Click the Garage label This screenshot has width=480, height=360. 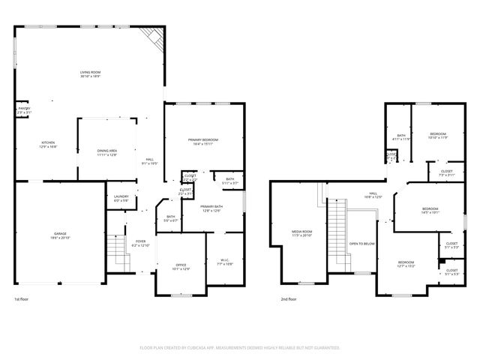[x=59, y=235]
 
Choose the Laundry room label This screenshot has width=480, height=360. [x=121, y=199]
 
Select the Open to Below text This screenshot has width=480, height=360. [x=362, y=244]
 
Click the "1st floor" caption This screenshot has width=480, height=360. [x=22, y=299]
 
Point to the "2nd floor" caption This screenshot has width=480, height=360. [x=288, y=299]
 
